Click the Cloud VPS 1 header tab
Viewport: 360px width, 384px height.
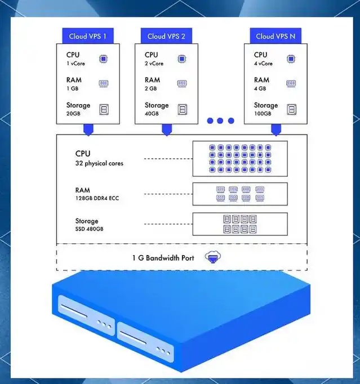(x=88, y=36)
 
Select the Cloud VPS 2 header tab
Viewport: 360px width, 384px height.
(x=166, y=36)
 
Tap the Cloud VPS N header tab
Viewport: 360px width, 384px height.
(x=275, y=36)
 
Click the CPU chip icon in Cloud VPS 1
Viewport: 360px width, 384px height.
(x=103, y=59)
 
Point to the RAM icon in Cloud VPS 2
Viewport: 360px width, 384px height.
(x=182, y=83)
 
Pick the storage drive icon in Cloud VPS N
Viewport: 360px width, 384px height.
(x=291, y=109)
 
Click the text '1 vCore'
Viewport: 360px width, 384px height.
(x=75, y=64)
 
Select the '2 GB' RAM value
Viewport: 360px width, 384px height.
(x=151, y=88)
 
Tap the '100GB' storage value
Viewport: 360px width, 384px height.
(x=263, y=113)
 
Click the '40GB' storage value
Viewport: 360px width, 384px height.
(x=152, y=113)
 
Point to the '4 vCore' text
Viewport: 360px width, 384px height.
(x=263, y=64)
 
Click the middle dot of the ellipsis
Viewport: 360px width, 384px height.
(x=220, y=120)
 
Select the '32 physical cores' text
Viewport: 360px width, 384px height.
(x=99, y=163)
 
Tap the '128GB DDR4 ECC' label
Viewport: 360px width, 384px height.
(x=97, y=198)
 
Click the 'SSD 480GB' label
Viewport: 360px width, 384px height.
(x=89, y=229)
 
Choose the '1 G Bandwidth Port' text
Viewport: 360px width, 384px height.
(x=163, y=258)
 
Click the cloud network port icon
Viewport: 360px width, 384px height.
(x=213, y=257)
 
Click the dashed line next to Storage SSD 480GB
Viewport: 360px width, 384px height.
(x=168, y=224)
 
